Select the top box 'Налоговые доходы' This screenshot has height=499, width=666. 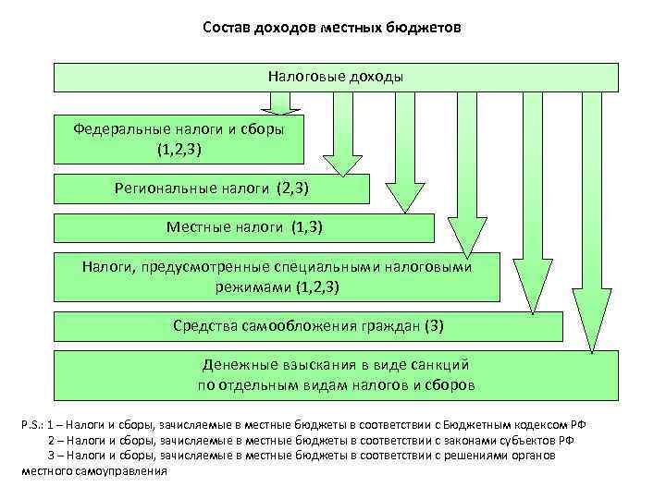336,77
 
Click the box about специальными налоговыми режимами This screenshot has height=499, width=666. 277,276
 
